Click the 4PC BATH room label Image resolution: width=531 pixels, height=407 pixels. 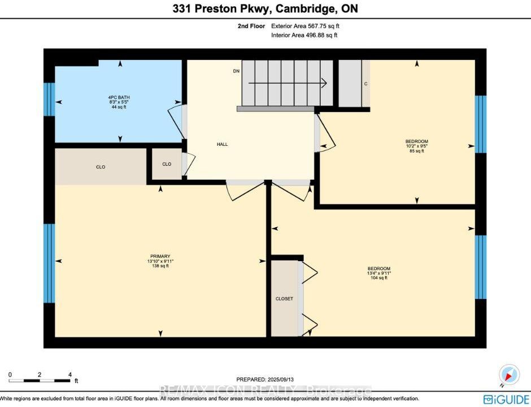point(119,97)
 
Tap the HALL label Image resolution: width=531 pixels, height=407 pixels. point(222,144)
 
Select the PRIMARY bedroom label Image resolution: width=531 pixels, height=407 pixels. point(160,256)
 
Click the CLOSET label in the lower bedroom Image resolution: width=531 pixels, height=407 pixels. point(284,298)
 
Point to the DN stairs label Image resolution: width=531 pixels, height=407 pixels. point(236,71)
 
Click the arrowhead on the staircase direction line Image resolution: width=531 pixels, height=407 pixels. point(324,83)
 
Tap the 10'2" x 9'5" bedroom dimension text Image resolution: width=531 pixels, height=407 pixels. point(417,146)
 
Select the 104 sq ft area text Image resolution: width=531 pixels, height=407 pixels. point(379,278)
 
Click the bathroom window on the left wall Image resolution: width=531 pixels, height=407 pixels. point(49,99)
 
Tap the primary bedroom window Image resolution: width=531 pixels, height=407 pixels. point(49,263)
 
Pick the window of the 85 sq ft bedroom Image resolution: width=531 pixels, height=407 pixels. point(481,124)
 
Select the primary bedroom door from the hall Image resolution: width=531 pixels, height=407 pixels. point(245,191)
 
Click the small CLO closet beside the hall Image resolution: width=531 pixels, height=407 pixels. point(167,164)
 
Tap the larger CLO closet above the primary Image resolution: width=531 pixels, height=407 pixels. point(101,167)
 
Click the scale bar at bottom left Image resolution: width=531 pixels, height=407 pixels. point(40,380)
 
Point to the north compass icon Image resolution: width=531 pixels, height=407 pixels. point(508,375)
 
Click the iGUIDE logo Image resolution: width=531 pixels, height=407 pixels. point(507,399)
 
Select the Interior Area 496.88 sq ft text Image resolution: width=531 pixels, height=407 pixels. point(304,35)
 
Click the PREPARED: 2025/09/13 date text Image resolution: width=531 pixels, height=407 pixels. point(265,379)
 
